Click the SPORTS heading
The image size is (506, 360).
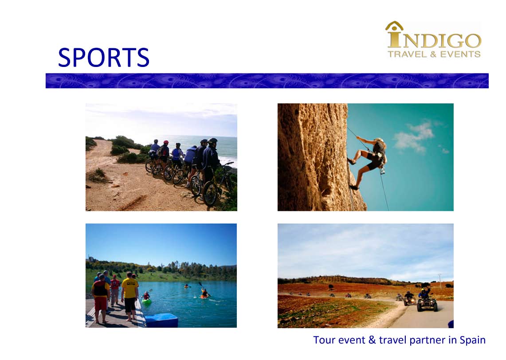click(104, 58)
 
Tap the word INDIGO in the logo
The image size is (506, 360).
click(434, 39)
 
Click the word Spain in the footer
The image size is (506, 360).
click(472, 340)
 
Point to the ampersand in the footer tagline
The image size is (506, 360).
click(372, 340)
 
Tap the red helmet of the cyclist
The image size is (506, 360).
click(166, 142)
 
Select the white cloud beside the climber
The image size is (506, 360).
click(415, 136)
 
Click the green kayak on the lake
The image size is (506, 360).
click(146, 301)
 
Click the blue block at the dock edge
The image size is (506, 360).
click(161, 320)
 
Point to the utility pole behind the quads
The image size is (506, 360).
click(439, 280)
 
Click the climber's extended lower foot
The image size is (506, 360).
click(354, 187)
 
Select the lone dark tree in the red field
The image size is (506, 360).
click(331, 287)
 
